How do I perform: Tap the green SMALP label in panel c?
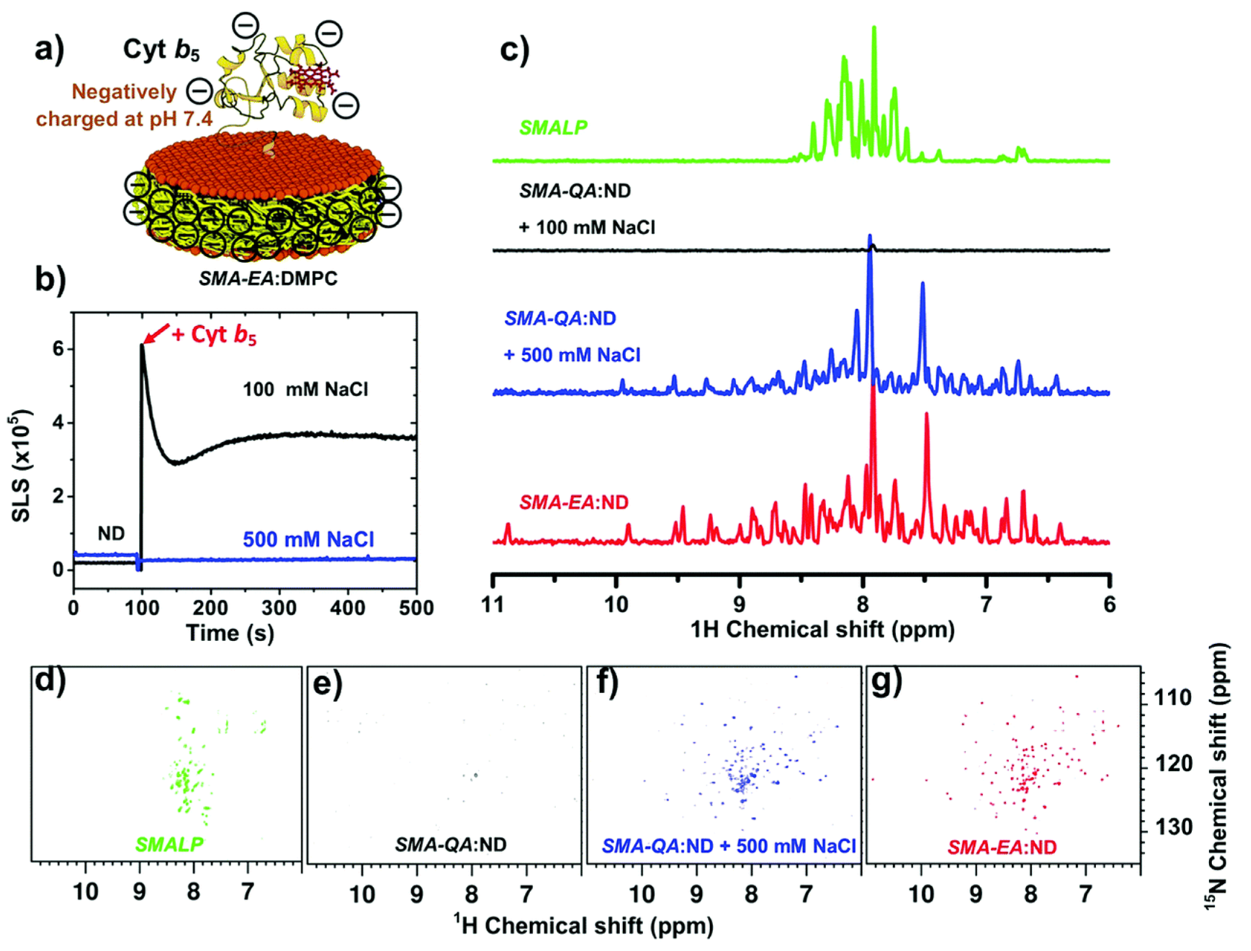(x=553, y=128)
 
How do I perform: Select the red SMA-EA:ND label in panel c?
(x=573, y=502)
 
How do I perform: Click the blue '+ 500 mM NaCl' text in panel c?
(x=572, y=355)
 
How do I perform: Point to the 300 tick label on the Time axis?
(x=279, y=609)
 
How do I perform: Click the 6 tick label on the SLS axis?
(x=58, y=349)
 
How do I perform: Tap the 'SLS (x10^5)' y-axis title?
(x=22, y=465)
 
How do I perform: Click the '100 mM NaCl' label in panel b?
(x=305, y=390)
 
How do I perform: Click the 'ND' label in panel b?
(x=111, y=533)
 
